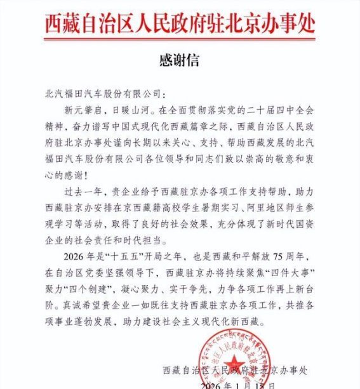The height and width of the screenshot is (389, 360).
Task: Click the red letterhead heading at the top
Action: [x=180, y=21]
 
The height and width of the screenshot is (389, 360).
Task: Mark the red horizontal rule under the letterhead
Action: [x=180, y=40]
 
